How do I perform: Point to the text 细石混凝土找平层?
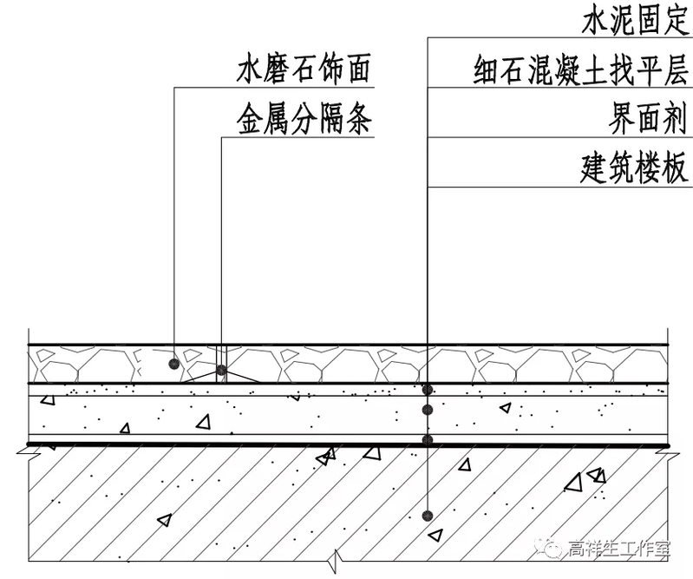tap(580, 69)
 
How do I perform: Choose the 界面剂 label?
tap(647, 119)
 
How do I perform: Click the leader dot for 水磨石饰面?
tap(174, 363)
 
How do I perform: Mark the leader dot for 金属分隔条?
tap(221, 371)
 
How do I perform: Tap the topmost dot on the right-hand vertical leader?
tap(427, 389)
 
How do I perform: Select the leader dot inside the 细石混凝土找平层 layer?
tap(427, 410)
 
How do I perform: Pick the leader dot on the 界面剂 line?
tap(427, 440)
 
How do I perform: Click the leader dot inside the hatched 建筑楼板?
tap(427, 516)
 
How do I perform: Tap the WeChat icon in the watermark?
tap(550, 547)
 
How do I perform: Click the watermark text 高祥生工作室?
tap(619, 548)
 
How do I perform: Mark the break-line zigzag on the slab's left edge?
tap(27, 449)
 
